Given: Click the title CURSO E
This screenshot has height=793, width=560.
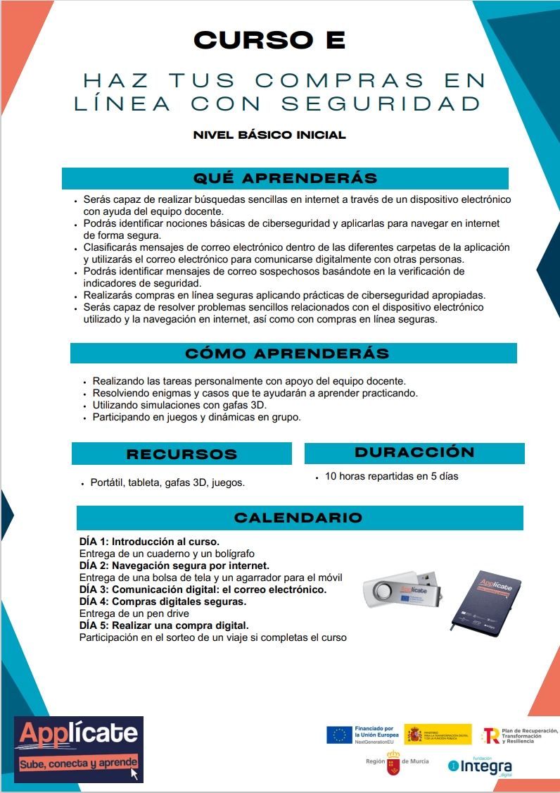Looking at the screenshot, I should tap(269, 40).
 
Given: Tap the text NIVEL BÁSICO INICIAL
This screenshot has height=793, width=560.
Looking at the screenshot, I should tap(269, 135).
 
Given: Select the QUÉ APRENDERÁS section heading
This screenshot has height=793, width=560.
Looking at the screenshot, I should tap(285, 178).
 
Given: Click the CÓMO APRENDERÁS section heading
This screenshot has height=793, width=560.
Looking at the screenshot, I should tap(286, 353).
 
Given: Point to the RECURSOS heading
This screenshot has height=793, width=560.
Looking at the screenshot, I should tap(182, 454).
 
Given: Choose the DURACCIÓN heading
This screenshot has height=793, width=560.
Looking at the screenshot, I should tap(414, 452).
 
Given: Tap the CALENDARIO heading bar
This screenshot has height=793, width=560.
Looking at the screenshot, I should tap(298, 518).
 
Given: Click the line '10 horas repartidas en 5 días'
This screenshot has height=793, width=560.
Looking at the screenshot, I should tap(391, 476).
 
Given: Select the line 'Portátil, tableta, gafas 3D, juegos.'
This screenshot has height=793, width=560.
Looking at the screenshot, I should tap(167, 482).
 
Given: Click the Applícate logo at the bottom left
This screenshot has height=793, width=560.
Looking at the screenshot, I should tap(78, 748).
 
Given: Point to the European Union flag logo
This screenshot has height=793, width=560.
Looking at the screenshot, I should tap(339, 735).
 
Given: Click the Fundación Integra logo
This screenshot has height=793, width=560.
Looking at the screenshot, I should tap(481, 765).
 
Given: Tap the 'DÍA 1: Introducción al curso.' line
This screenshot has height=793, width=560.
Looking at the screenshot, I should tap(149, 542).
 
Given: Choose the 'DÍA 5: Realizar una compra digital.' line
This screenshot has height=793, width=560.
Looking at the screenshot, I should tap(164, 625).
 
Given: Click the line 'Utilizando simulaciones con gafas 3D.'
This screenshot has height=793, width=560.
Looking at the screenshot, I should tap(179, 405).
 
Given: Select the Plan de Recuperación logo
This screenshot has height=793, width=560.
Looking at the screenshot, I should tap(519, 735).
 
